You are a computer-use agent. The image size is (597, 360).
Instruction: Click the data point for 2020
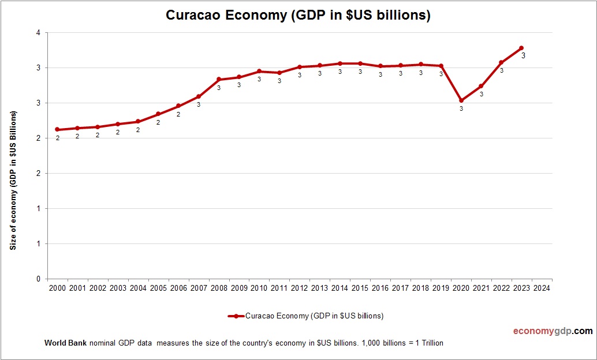(461, 100)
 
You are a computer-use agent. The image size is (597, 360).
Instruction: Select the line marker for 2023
(521, 48)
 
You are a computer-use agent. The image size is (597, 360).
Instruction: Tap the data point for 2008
(219, 79)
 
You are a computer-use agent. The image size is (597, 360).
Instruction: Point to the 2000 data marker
(58, 129)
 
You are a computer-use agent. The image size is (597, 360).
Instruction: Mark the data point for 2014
(340, 63)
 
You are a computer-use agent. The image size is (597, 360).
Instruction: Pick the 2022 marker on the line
(501, 62)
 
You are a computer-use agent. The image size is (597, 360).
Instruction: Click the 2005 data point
(158, 114)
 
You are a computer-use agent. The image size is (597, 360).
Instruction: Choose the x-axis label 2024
(542, 288)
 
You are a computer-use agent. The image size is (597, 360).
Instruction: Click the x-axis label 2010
(259, 288)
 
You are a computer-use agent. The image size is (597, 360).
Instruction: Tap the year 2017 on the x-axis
(400, 288)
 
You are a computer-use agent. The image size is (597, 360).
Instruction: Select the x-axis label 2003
(118, 288)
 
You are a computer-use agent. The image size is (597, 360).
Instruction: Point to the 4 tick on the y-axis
(38, 33)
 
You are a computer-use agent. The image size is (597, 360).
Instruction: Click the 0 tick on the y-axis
(38, 279)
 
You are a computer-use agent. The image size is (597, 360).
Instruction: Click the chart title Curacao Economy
(298, 15)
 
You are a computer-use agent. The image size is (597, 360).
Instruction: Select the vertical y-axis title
(13, 179)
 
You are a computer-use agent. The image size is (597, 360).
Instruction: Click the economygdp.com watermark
(553, 331)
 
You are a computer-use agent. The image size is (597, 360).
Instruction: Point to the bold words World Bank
(65, 343)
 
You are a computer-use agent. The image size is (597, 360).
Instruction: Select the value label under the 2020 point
(461, 108)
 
